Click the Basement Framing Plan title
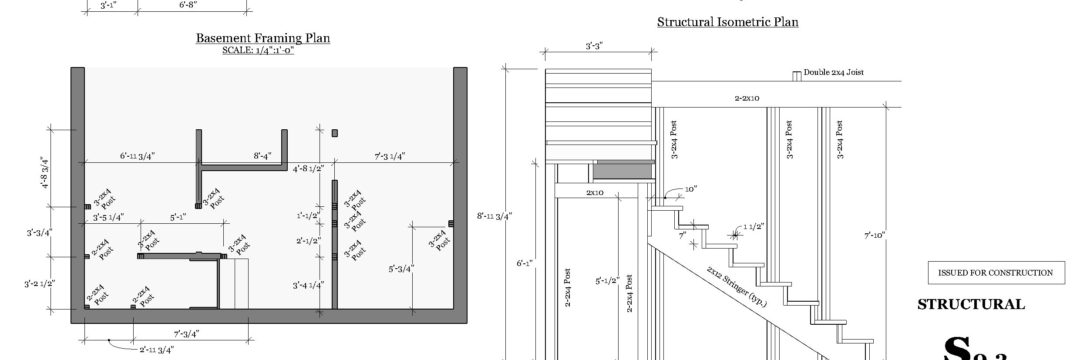click(262, 38)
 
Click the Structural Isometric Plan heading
click(727, 22)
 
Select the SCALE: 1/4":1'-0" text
click(258, 50)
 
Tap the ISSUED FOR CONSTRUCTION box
click(996, 273)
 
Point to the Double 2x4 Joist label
click(833, 72)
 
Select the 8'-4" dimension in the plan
click(262, 156)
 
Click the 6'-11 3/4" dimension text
click(138, 156)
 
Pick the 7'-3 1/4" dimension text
click(390, 156)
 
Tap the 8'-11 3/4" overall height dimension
click(495, 216)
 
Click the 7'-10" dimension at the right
click(875, 236)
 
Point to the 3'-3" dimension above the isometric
click(594, 46)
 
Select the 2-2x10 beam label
click(747, 98)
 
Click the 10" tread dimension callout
click(691, 189)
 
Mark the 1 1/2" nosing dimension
click(754, 227)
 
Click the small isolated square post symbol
click(334, 133)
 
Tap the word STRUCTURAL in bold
click(971, 304)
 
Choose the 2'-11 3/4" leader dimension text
click(157, 350)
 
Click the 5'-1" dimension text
click(178, 217)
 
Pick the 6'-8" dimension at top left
click(188, 5)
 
